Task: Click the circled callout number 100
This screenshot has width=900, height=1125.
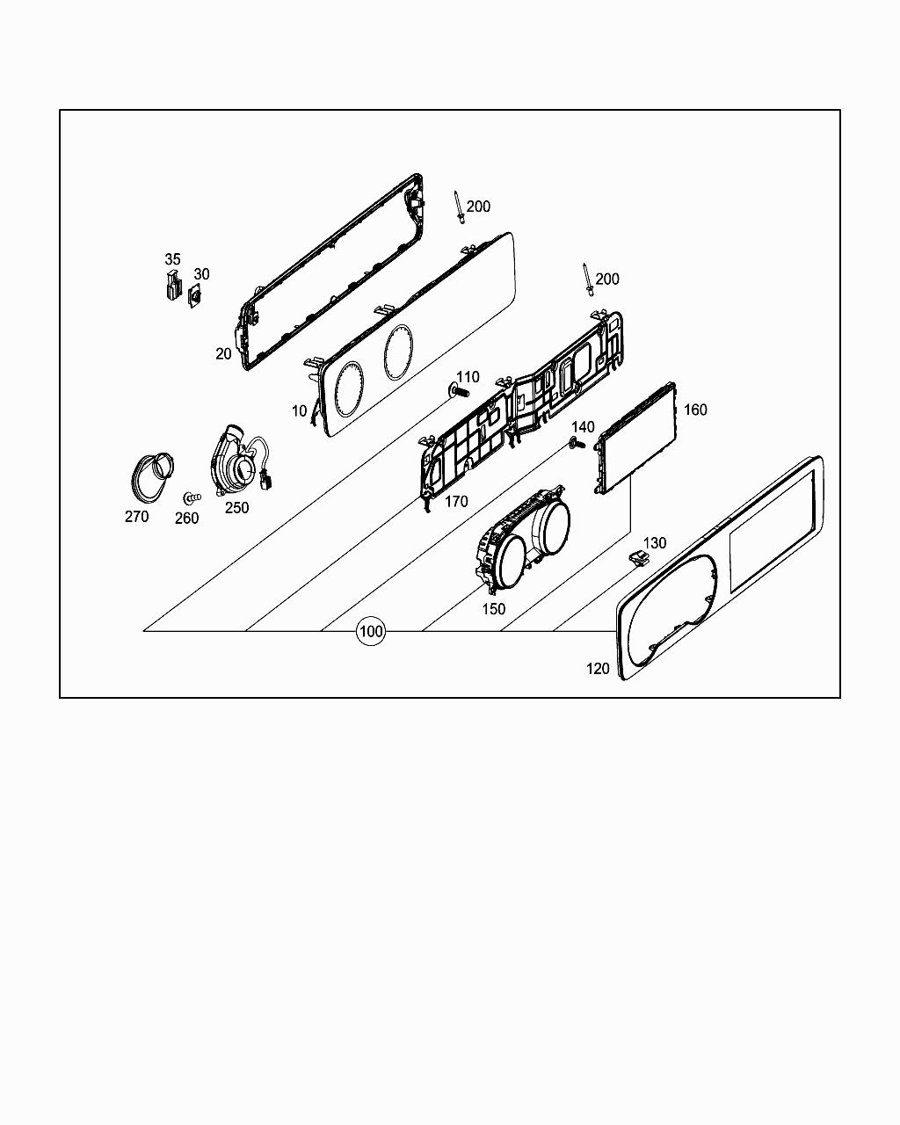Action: point(371,631)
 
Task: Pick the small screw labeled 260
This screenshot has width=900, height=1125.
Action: point(191,497)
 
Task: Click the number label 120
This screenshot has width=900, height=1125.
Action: point(598,669)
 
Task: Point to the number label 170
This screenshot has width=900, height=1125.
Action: point(456,502)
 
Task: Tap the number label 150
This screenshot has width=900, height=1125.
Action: point(494,608)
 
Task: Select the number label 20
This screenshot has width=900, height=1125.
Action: point(224,353)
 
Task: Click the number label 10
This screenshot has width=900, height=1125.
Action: point(300,410)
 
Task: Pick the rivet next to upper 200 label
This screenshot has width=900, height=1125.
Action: point(458,207)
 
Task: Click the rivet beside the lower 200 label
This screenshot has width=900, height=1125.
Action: point(587,279)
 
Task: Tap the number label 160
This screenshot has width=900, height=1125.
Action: point(695,410)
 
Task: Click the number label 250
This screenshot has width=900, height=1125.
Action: point(236,507)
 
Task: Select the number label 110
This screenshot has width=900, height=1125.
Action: point(468,377)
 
